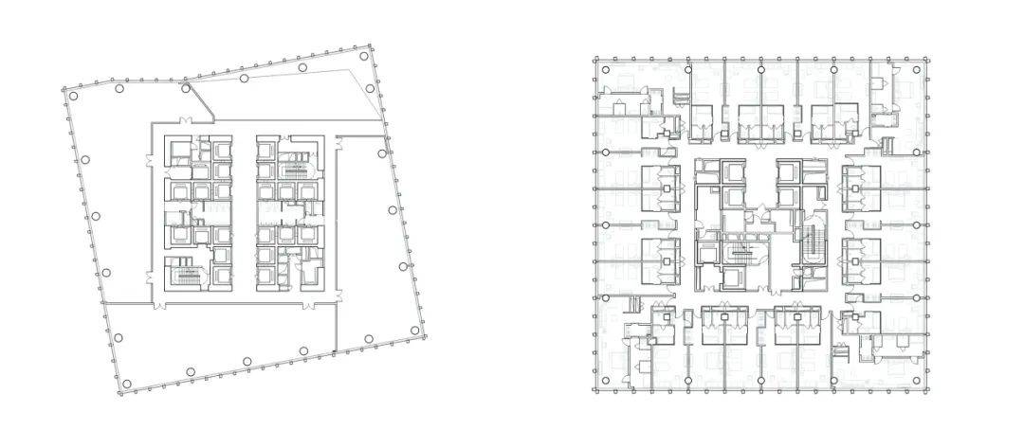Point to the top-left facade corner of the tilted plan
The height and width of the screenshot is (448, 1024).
point(64,90)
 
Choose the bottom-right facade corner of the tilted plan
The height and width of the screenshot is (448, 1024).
point(424,333)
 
